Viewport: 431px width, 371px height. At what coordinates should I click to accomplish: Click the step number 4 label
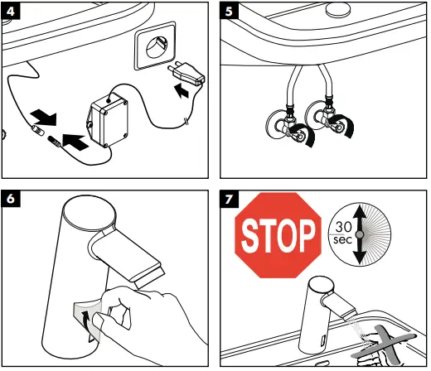point(11,11)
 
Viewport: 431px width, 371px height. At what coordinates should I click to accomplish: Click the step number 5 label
point(229,11)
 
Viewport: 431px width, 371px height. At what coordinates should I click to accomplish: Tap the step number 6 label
point(11,199)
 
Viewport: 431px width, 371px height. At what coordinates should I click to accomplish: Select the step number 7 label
point(229,199)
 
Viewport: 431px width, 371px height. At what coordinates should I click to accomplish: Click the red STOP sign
point(278,235)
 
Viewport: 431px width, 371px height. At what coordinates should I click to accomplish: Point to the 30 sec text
point(343,233)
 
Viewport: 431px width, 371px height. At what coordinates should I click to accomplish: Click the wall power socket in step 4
point(155,46)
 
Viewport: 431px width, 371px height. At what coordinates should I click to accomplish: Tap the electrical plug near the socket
point(187,72)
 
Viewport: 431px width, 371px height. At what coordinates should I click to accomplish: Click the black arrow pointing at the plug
point(182,91)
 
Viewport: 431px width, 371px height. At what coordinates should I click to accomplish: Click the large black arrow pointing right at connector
point(75,142)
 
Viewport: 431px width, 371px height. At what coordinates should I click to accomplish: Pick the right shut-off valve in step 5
point(329,120)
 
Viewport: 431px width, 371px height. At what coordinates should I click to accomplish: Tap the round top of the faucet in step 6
point(90,213)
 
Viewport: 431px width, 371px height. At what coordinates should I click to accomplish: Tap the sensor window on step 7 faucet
point(322,341)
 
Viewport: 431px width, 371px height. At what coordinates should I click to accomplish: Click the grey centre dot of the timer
point(360,234)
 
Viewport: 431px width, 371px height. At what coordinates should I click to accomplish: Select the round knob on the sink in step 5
point(338,10)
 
